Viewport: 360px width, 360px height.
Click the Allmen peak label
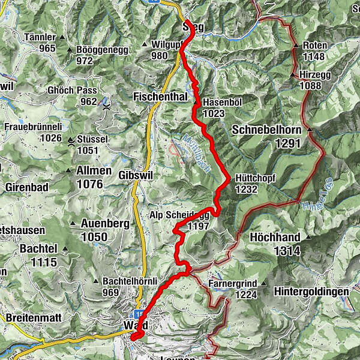[94, 171]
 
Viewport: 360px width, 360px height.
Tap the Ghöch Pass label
[72, 91]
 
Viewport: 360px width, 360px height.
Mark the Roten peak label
[315, 45]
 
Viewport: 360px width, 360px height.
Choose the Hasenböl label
[222, 102]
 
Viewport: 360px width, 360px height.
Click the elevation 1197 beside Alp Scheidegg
[197, 226]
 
